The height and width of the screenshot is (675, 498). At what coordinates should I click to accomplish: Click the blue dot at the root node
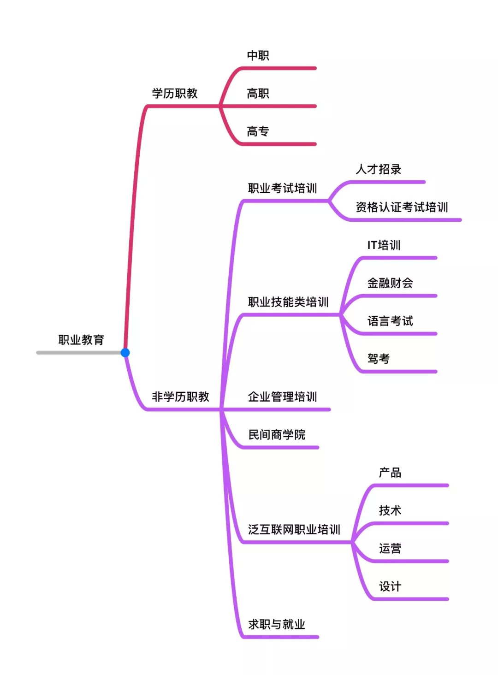click(125, 353)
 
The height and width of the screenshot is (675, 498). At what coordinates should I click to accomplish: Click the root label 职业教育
click(81, 340)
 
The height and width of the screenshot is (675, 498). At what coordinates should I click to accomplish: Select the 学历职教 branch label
click(175, 94)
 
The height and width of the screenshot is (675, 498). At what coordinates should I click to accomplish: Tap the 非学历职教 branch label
click(180, 397)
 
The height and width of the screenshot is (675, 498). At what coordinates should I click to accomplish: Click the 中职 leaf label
click(258, 56)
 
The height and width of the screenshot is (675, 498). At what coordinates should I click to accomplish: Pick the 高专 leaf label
click(258, 131)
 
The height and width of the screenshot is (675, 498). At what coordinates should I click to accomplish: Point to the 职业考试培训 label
click(282, 188)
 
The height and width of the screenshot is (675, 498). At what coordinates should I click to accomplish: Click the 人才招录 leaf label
click(378, 169)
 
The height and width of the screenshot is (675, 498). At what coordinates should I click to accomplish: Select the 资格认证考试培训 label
click(402, 207)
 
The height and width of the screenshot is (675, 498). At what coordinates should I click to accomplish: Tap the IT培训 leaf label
click(384, 245)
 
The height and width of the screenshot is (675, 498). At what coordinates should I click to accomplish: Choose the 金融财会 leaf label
click(390, 283)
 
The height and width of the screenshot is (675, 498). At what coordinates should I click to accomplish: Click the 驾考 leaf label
click(378, 358)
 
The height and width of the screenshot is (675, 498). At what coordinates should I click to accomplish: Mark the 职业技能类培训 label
click(288, 302)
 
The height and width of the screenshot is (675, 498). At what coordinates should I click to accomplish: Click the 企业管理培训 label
click(282, 397)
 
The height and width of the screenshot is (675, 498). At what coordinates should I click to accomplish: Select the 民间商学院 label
click(277, 434)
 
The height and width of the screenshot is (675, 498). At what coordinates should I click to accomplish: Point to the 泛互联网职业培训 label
click(294, 529)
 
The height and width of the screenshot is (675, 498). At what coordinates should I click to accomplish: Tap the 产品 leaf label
click(390, 473)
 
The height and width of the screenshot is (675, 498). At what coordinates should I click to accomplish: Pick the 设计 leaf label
click(390, 586)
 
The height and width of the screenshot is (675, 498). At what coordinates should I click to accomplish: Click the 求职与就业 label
click(277, 624)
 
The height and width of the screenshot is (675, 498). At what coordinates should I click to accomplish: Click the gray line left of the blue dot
click(78, 353)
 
